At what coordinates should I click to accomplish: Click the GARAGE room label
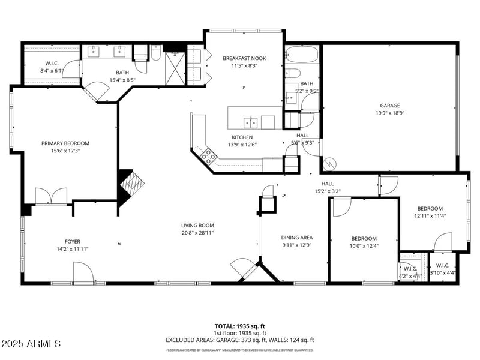(x=389, y=105)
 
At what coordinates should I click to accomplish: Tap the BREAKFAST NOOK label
(x=244, y=58)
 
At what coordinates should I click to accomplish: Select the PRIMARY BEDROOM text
(x=65, y=143)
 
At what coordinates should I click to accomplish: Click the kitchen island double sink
(x=251, y=123)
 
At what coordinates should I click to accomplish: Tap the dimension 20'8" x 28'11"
(x=197, y=233)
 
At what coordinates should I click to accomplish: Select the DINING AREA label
(x=296, y=238)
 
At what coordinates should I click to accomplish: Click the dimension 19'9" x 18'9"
(x=389, y=113)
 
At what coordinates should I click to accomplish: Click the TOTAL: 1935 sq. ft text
(x=240, y=326)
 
